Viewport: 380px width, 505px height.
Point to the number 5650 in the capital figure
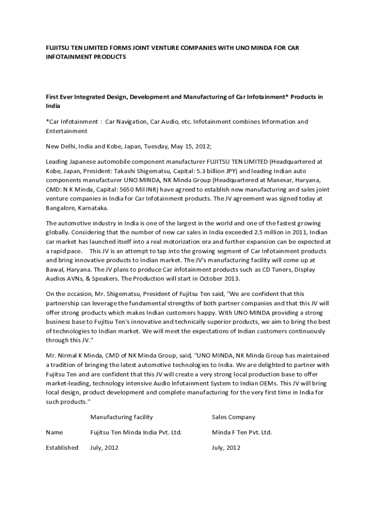click(143, 189)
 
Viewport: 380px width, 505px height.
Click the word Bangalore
click(61, 208)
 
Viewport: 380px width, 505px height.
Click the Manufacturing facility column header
click(121, 417)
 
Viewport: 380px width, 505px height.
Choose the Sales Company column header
click(233, 417)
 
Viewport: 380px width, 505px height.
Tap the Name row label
click(54, 432)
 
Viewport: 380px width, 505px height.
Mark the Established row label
click(62, 447)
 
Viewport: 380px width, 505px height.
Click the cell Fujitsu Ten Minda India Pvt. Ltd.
click(136, 432)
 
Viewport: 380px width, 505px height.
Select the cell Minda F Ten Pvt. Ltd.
click(242, 432)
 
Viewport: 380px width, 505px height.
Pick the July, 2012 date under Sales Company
click(226, 447)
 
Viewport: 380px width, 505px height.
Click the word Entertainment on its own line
click(67, 131)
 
